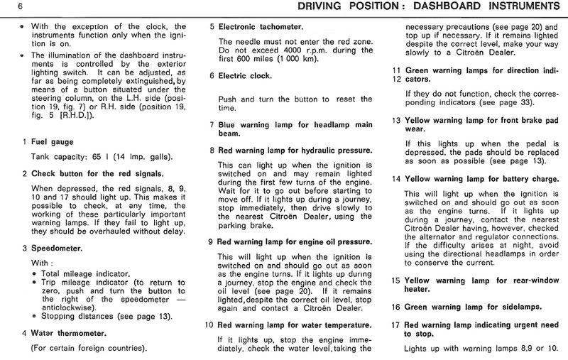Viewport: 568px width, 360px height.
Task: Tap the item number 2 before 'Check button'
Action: pyautogui.click(x=24, y=173)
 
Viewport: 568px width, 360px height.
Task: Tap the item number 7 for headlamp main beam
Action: pyautogui.click(x=212, y=124)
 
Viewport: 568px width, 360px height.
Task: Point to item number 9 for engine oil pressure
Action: pyautogui.click(x=212, y=241)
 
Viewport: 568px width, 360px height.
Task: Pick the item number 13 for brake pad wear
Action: pyautogui.click(x=396, y=120)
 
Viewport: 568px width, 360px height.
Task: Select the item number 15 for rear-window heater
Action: pyautogui.click(x=396, y=280)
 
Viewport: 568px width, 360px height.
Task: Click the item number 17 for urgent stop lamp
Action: pyautogui.click(x=396, y=324)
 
